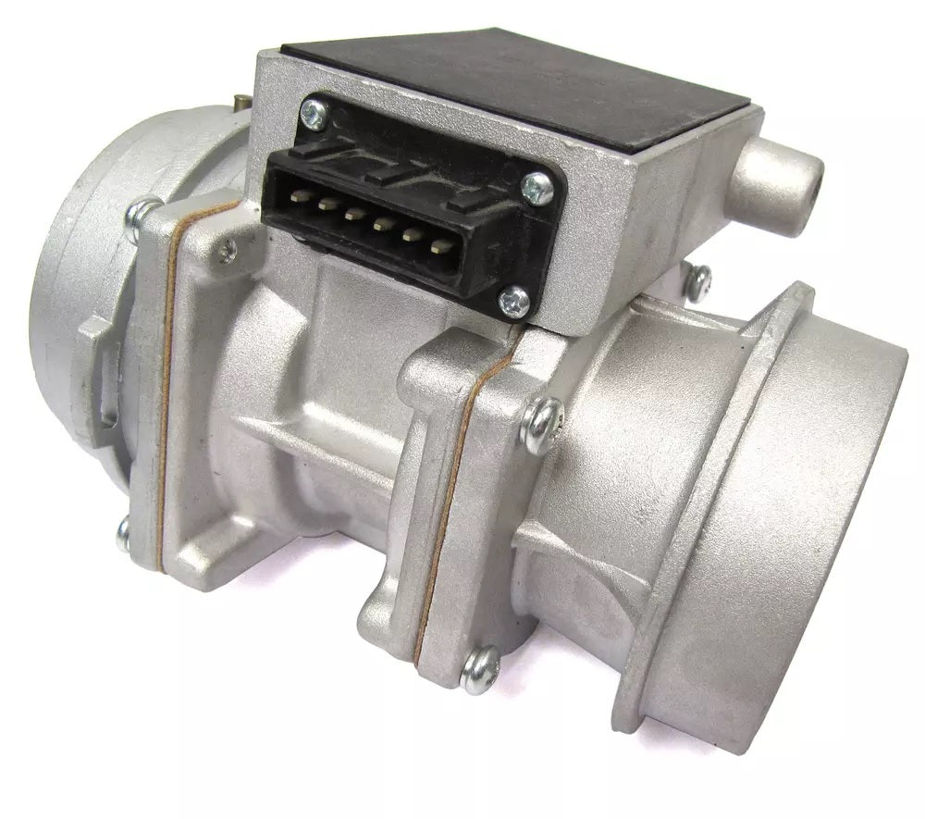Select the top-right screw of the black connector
click(x=536, y=189)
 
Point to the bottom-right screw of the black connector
click(x=514, y=301)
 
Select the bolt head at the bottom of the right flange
click(x=479, y=668)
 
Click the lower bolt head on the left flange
click(x=123, y=534)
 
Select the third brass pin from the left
click(x=353, y=214)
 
